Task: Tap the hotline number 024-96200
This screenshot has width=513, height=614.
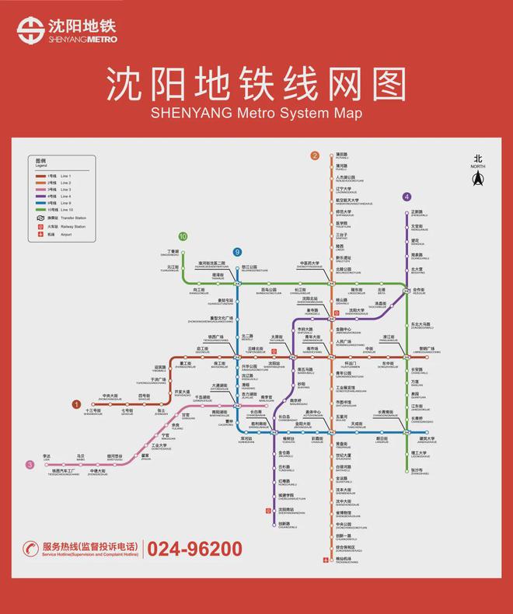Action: (195, 549)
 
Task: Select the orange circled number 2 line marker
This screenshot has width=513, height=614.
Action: (315, 155)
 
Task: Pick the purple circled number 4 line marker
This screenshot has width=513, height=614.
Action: (407, 197)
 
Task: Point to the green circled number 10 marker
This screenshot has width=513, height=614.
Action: (183, 236)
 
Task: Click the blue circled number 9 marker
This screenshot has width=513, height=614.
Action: (238, 252)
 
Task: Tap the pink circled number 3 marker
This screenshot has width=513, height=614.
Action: (30, 465)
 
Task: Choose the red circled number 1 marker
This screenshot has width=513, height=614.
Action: (76, 404)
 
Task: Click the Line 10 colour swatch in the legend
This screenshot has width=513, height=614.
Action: (40, 210)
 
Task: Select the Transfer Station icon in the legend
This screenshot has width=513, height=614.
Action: (40, 218)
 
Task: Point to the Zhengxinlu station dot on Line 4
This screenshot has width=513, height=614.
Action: (407, 213)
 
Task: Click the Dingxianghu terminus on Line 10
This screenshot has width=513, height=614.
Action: (183, 253)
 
